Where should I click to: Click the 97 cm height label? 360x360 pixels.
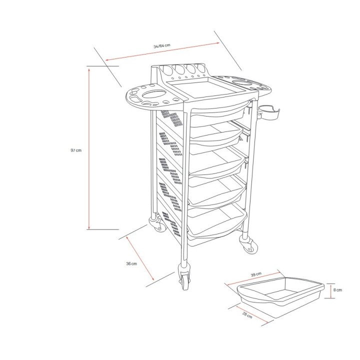[76, 150]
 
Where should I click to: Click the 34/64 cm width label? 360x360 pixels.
[162, 45]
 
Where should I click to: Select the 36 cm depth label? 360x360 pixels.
[131, 263]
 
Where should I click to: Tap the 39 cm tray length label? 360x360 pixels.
[255, 274]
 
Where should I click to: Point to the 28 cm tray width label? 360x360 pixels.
[246, 315]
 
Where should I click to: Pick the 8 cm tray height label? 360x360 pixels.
[338, 290]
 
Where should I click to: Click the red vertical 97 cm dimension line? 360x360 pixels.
[89, 150]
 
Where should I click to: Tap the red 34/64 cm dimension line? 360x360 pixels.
[162, 51]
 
